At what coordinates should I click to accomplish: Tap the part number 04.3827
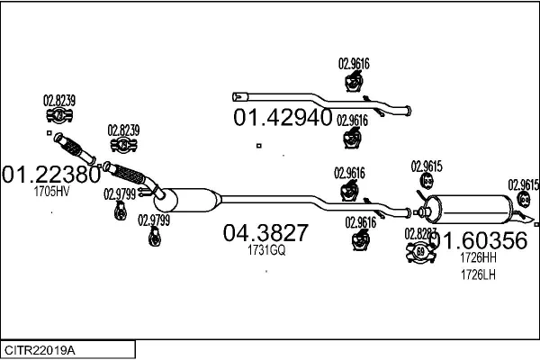pyautogui.click(x=265, y=233)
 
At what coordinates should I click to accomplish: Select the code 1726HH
pyautogui.click(x=478, y=256)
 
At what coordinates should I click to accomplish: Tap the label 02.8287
pyautogui.click(x=421, y=233)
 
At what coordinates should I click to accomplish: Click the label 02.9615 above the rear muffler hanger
pyautogui.click(x=427, y=166)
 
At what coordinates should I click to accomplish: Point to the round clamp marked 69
pyautogui.click(x=420, y=252)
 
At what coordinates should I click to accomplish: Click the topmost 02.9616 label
pyautogui.click(x=354, y=63)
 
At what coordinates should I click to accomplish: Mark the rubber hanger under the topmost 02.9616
pyautogui.click(x=353, y=83)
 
